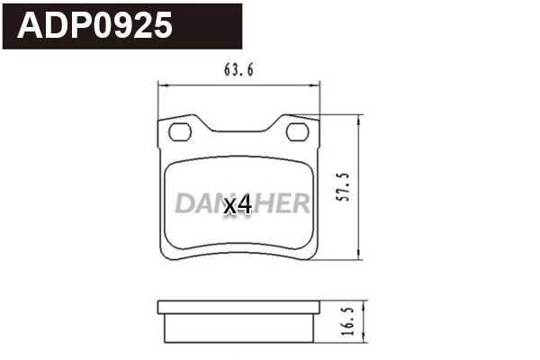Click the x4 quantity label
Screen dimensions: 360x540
237,205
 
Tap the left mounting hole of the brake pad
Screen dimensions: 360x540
181,133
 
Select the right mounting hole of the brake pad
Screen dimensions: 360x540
297,133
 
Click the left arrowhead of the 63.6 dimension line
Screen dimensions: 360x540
162,85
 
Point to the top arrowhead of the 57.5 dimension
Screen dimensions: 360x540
361,120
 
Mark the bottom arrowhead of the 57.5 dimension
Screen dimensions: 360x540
361,254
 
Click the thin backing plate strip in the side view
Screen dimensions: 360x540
238,308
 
